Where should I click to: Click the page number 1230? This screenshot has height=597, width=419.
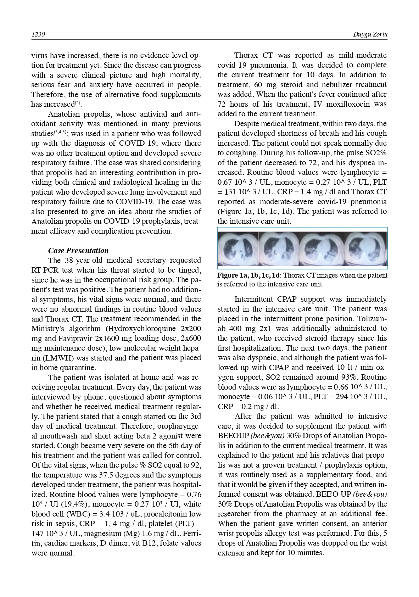(38, 34)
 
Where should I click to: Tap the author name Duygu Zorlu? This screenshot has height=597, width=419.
(370, 34)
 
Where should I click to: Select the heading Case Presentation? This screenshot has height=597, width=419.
(78, 251)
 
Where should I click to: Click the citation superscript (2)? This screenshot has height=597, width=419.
(78, 103)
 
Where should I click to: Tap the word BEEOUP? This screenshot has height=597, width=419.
(233, 436)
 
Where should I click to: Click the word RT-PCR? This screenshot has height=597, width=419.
(44, 270)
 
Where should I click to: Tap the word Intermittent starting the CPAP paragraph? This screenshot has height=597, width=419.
(253, 299)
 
